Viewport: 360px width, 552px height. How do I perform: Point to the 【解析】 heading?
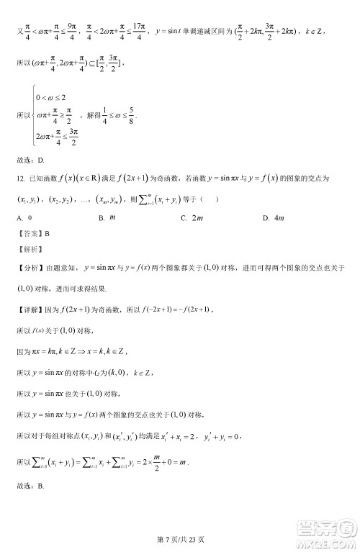point(29,249)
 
